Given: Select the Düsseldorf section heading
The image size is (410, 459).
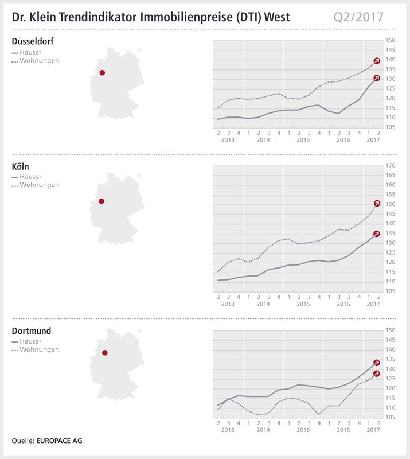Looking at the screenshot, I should [x=33, y=41].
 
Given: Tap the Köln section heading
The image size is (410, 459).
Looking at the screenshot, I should [x=21, y=166].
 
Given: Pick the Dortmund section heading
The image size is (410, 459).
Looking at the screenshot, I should [x=32, y=331].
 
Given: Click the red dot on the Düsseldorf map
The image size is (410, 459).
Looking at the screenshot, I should [x=102, y=73].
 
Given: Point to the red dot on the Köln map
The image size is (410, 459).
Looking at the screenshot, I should [x=101, y=201].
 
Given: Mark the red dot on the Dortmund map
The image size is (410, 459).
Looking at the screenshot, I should [x=104, y=353].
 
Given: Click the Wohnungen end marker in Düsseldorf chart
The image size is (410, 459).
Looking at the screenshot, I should [x=377, y=61].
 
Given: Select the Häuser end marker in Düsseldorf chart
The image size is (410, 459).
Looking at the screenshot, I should [x=377, y=78].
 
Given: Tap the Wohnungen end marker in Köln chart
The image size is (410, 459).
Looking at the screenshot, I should [x=377, y=203].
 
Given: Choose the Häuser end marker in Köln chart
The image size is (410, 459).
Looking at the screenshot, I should [x=377, y=234].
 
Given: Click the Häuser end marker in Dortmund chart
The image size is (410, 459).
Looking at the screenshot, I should [x=377, y=363].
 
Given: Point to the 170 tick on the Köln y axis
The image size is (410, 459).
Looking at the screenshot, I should [x=390, y=166].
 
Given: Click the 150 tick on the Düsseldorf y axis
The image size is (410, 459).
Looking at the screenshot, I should [x=390, y=40].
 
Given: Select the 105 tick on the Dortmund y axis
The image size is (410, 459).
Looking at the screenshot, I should [x=390, y=417].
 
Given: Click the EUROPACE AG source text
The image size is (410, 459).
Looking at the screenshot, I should [x=56, y=441].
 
